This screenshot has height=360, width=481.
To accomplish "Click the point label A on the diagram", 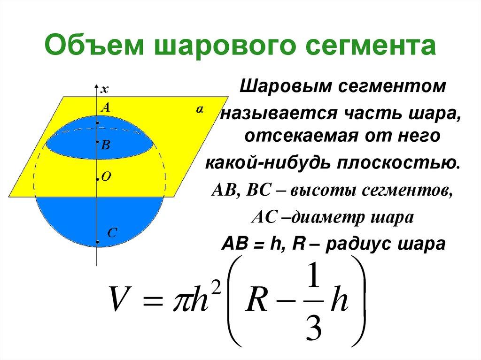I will (x=106, y=108).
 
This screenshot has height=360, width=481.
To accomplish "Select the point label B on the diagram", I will (x=106, y=146).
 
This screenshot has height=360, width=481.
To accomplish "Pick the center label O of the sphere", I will (x=106, y=176).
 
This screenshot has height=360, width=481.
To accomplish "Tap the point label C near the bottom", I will (x=112, y=233).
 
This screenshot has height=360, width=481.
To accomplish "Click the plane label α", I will (x=200, y=109).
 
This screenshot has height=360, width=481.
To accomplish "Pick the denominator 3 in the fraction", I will (x=312, y=329).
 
